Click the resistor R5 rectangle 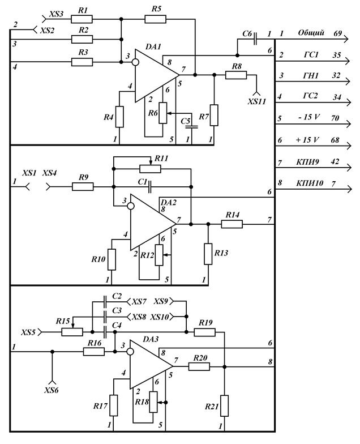coord(155,19)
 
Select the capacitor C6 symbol coord(255,39)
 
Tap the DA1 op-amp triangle coord(157,75)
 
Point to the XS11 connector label coord(257,101)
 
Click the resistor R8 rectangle coord(236,75)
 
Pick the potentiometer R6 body coord(163,113)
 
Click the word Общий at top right coord(311,33)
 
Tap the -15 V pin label coord(309,117)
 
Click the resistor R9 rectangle coord(83,187)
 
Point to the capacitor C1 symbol coord(150,187)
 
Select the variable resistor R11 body coord(151,169)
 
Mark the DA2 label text coord(169,203)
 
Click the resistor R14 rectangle coord(232,224)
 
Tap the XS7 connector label coord(139,302)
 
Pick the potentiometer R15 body coord(72,332)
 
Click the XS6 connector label coord(51,390)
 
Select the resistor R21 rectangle coord(224,405)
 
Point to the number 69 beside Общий coord(337,33)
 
